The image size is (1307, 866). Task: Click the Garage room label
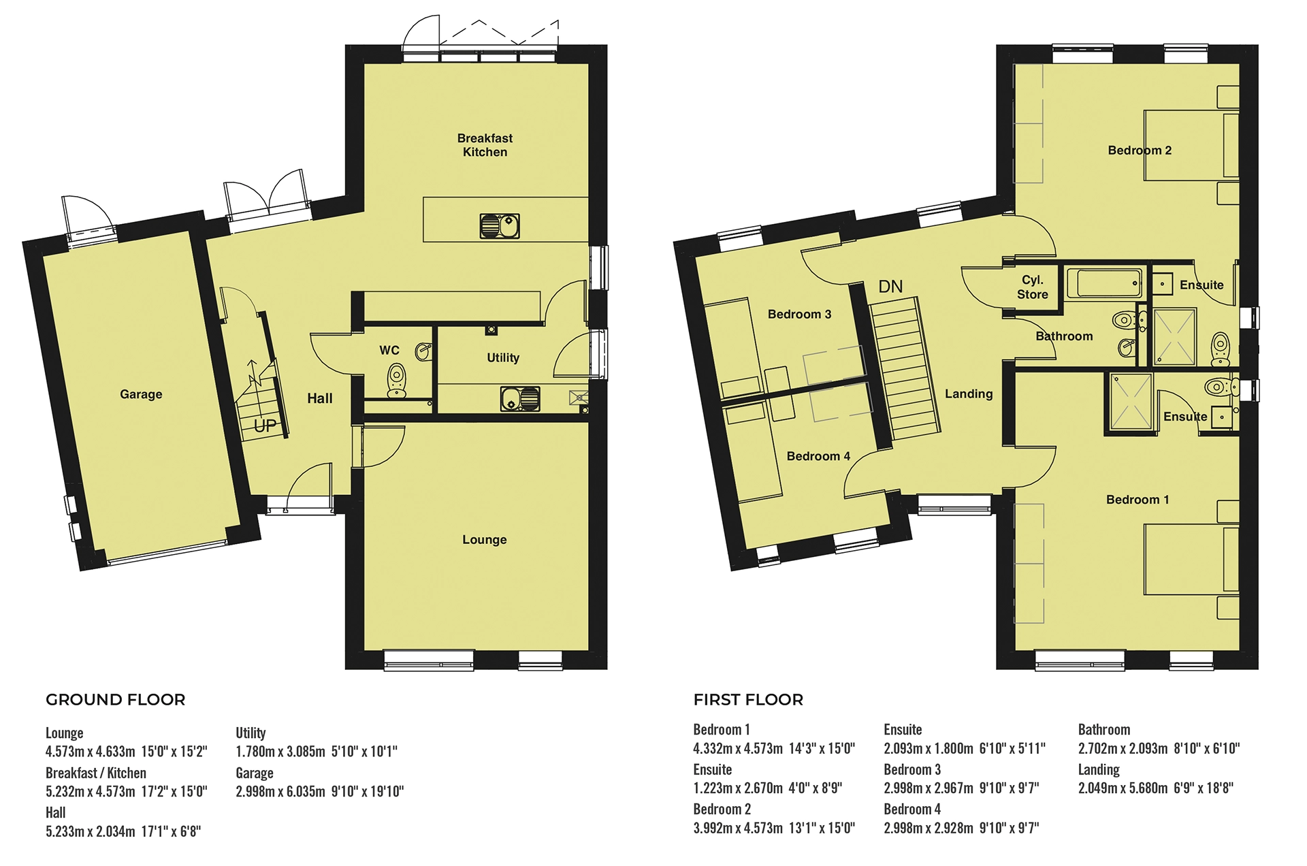pyautogui.click(x=141, y=394)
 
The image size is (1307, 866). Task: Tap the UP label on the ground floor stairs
pyautogui.click(x=265, y=426)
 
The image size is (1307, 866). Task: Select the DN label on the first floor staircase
pyautogui.click(x=890, y=287)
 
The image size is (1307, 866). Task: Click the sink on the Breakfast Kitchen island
pyautogui.click(x=500, y=225)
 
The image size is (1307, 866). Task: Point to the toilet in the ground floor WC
pyautogui.click(x=396, y=380)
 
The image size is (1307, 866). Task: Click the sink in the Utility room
pyautogui.click(x=520, y=399)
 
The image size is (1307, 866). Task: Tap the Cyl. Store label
pyautogui.click(x=1032, y=287)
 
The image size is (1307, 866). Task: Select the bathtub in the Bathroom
pyautogui.click(x=1103, y=283)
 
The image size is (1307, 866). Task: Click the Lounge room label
pyautogui.click(x=484, y=540)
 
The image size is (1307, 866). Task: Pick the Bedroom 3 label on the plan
pyautogui.click(x=799, y=315)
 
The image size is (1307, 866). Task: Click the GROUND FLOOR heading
pyautogui.click(x=115, y=700)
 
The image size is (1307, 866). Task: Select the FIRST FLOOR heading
pyautogui.click(x=748, y=700)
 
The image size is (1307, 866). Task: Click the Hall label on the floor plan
pyautogui.click(x=319, y=399)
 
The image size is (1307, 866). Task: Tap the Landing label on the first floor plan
pyautogui.click(x=968, y=394)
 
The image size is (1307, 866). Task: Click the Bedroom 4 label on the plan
pyautogui.click(x=818, y=456)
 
